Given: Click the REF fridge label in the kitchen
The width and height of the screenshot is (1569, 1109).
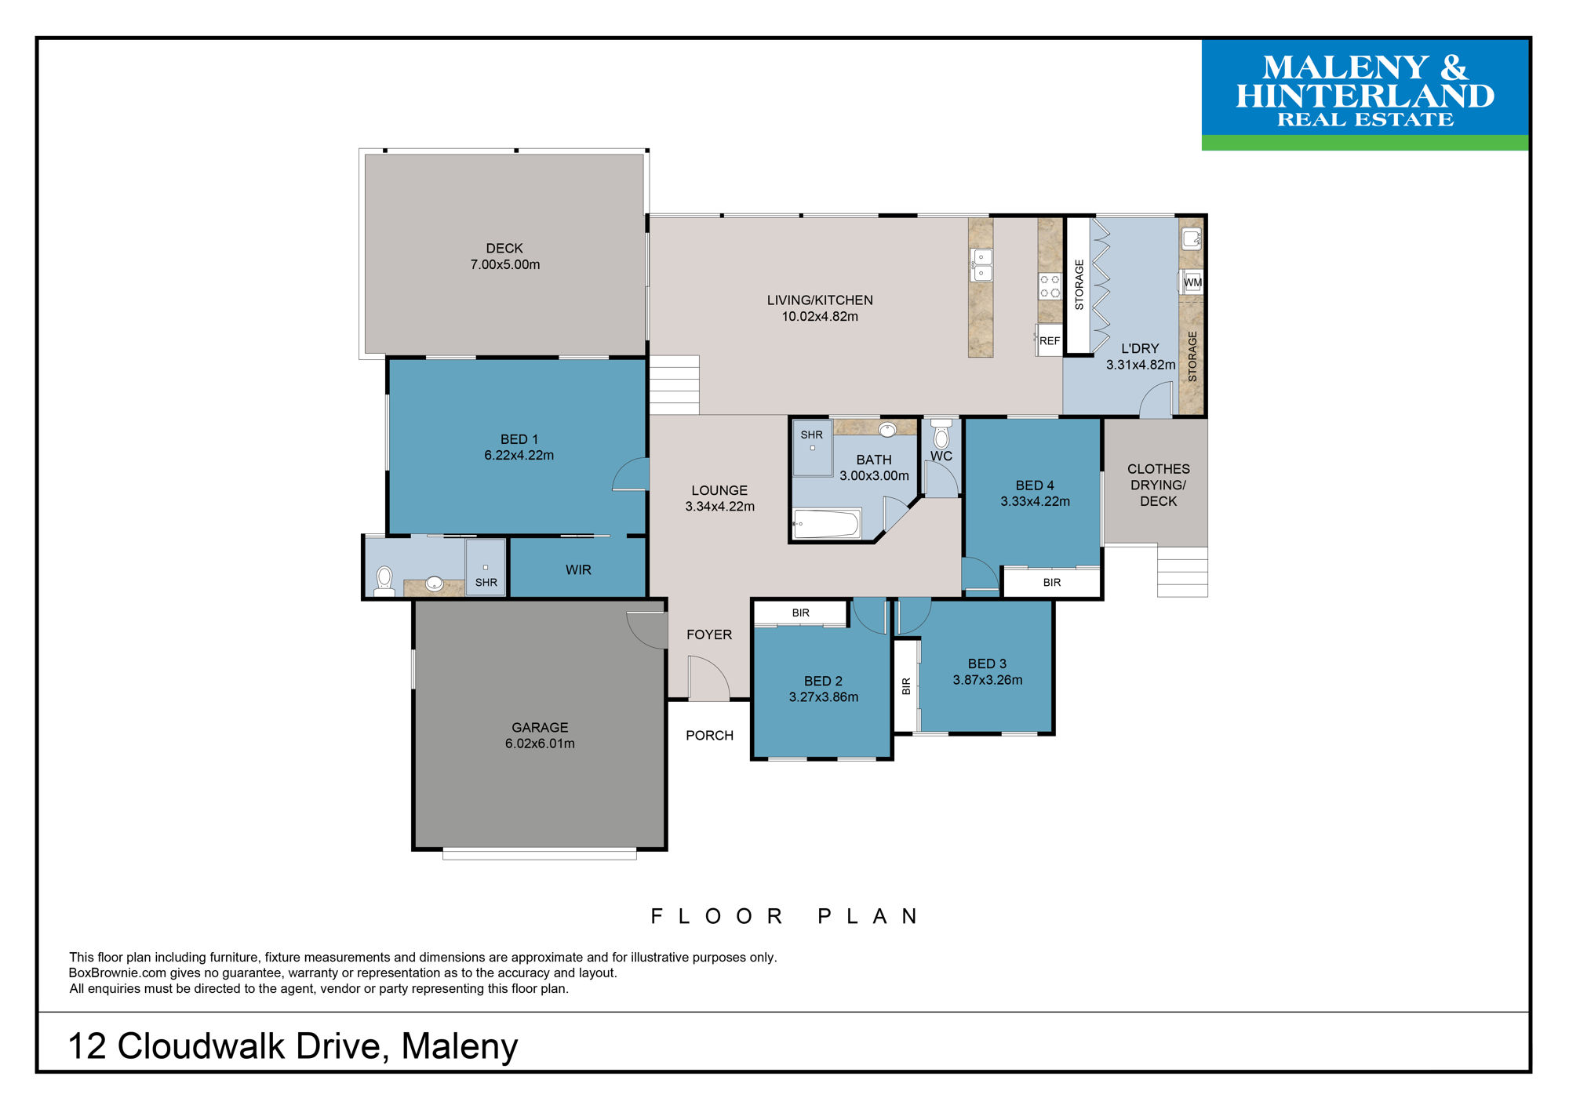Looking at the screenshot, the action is point(1049,341).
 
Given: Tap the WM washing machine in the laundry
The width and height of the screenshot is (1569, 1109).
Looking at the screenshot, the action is point(1192,282).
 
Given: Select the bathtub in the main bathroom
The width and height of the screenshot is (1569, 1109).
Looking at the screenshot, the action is point(827,524).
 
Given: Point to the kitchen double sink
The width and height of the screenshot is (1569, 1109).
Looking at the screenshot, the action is point(981,264).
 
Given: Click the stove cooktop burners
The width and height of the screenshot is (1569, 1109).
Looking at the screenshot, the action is point(1050,286).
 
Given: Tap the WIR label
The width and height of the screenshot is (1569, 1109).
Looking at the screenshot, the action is point(578,570).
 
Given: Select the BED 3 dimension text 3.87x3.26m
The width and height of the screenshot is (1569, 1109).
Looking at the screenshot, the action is point(988,680).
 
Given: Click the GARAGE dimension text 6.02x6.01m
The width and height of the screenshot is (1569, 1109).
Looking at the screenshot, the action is point(540,744).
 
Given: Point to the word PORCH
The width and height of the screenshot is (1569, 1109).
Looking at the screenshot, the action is point(709,736).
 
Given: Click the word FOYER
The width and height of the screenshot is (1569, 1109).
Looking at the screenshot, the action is point(709,634).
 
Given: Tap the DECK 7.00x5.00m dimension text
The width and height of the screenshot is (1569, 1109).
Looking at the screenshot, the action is point(505,265).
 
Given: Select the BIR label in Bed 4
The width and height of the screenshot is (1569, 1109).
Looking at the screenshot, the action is point(1052,583).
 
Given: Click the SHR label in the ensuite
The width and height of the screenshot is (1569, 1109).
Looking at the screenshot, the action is point(486,583).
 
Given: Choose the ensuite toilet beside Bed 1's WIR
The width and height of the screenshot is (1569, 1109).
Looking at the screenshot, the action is point(384,581).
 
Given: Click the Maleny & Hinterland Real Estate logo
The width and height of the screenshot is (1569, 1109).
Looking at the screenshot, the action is point(1365,94).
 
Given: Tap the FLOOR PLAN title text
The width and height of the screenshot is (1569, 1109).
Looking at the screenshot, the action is point(784,916).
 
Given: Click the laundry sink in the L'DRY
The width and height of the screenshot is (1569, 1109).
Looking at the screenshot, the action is point(1192,238).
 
